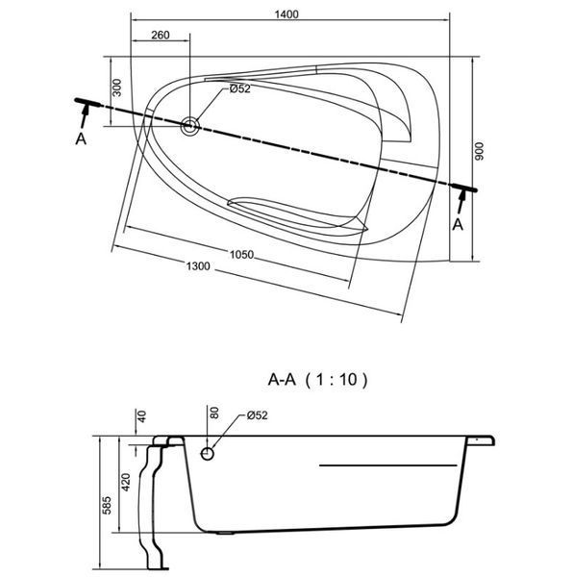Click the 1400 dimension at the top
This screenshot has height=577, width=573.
pos(286,14)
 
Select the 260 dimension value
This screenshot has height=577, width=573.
pos(161,35)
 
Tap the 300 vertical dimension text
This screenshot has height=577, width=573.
pos(116,88)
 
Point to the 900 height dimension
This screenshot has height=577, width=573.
pos(479,151)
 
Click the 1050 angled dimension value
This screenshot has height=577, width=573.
pos(241,254)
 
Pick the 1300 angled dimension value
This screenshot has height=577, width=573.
pos(198,265)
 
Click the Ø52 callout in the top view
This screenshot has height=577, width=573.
pos(239,88)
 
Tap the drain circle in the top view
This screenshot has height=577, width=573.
pos(190,126)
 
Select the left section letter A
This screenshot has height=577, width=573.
pos(81,139)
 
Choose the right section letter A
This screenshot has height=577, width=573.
pos(458,224)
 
